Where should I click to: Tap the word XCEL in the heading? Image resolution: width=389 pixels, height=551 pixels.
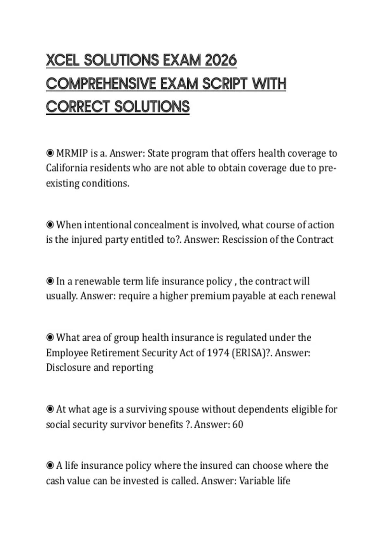63,60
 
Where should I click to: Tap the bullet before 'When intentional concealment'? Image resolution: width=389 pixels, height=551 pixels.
50,224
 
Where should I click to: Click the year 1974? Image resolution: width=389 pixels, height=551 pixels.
218,352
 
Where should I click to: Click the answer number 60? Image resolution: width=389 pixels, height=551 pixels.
238,424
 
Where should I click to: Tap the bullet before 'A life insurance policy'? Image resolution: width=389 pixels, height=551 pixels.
50,465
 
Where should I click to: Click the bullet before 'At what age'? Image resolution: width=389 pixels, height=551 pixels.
50,409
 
